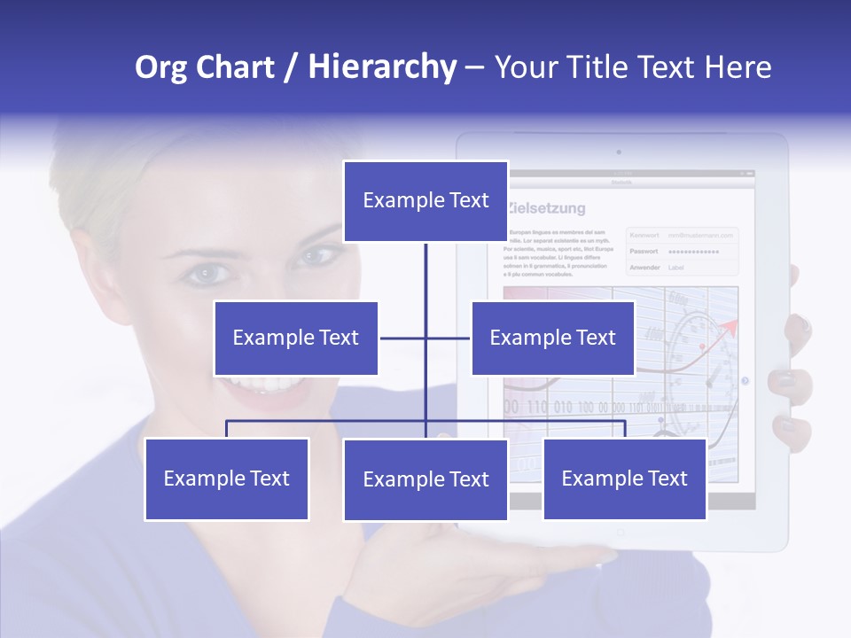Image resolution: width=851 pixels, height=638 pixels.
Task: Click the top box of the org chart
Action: point(425,201)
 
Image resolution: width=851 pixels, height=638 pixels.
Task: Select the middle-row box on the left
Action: point(296,338)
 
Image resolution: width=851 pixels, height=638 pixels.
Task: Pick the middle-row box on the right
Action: point(552,338)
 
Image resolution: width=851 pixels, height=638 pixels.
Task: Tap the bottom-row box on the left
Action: point(227,478)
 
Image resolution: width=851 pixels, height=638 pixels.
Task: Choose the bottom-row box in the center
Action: point(425,479)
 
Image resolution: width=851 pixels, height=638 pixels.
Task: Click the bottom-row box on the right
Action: point(624,478)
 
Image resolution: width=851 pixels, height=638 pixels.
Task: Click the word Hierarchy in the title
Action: point(382,66)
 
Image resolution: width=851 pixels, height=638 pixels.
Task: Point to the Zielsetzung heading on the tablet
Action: point(548,209)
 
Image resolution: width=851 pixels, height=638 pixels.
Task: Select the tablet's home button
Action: point(621,533)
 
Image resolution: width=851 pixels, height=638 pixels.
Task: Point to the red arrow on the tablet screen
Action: point(728,329)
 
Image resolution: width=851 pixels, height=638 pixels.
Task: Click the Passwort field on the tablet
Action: point(683,252)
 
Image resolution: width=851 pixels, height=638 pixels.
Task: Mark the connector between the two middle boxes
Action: point(425,338)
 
